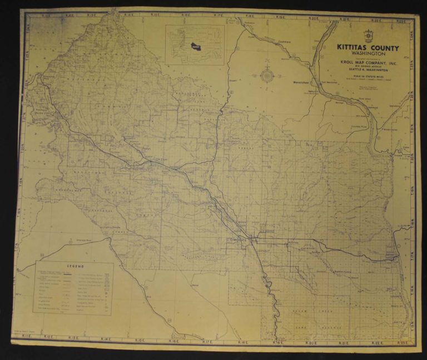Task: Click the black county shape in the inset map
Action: tap(195, 46)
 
